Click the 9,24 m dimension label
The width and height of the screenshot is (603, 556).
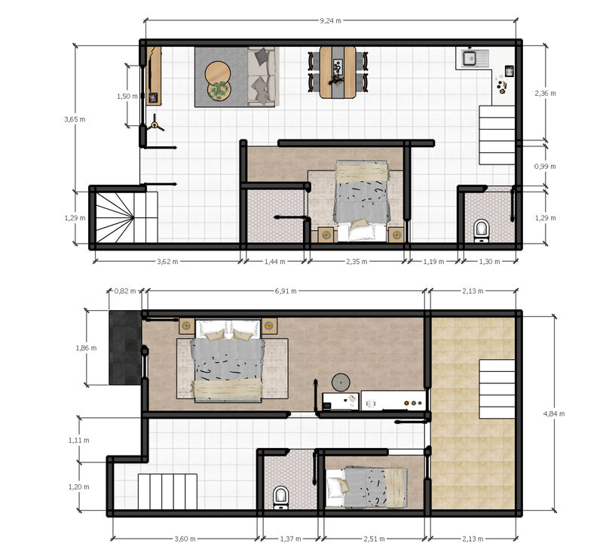click(330, 21)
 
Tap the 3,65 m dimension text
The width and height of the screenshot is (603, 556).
click(75, 119)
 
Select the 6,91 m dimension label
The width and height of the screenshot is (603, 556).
click(286, 291)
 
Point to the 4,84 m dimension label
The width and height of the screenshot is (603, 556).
click(554, 413)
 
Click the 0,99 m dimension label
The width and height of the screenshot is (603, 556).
click(545, 166)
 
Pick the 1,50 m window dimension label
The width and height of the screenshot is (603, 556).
click(127, 97)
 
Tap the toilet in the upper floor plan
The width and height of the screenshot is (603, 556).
click(481, 229)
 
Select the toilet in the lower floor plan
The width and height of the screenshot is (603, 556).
click(280, 497)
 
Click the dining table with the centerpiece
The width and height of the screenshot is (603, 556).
click(338, 72)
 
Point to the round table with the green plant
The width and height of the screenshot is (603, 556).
click(219, 91)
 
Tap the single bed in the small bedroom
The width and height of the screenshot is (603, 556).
click(366, 487)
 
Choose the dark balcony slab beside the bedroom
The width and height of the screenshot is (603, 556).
click(125, 348)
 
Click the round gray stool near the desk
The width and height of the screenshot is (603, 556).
click(341, 382)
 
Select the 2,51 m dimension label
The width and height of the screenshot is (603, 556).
click(374, 539)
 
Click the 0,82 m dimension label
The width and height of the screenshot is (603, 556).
click(125, 291)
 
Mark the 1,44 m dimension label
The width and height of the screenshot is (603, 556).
click(274, 262)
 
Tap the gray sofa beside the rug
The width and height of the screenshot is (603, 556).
click(262, 76)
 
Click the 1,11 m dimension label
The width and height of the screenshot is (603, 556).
click(79, 440)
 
